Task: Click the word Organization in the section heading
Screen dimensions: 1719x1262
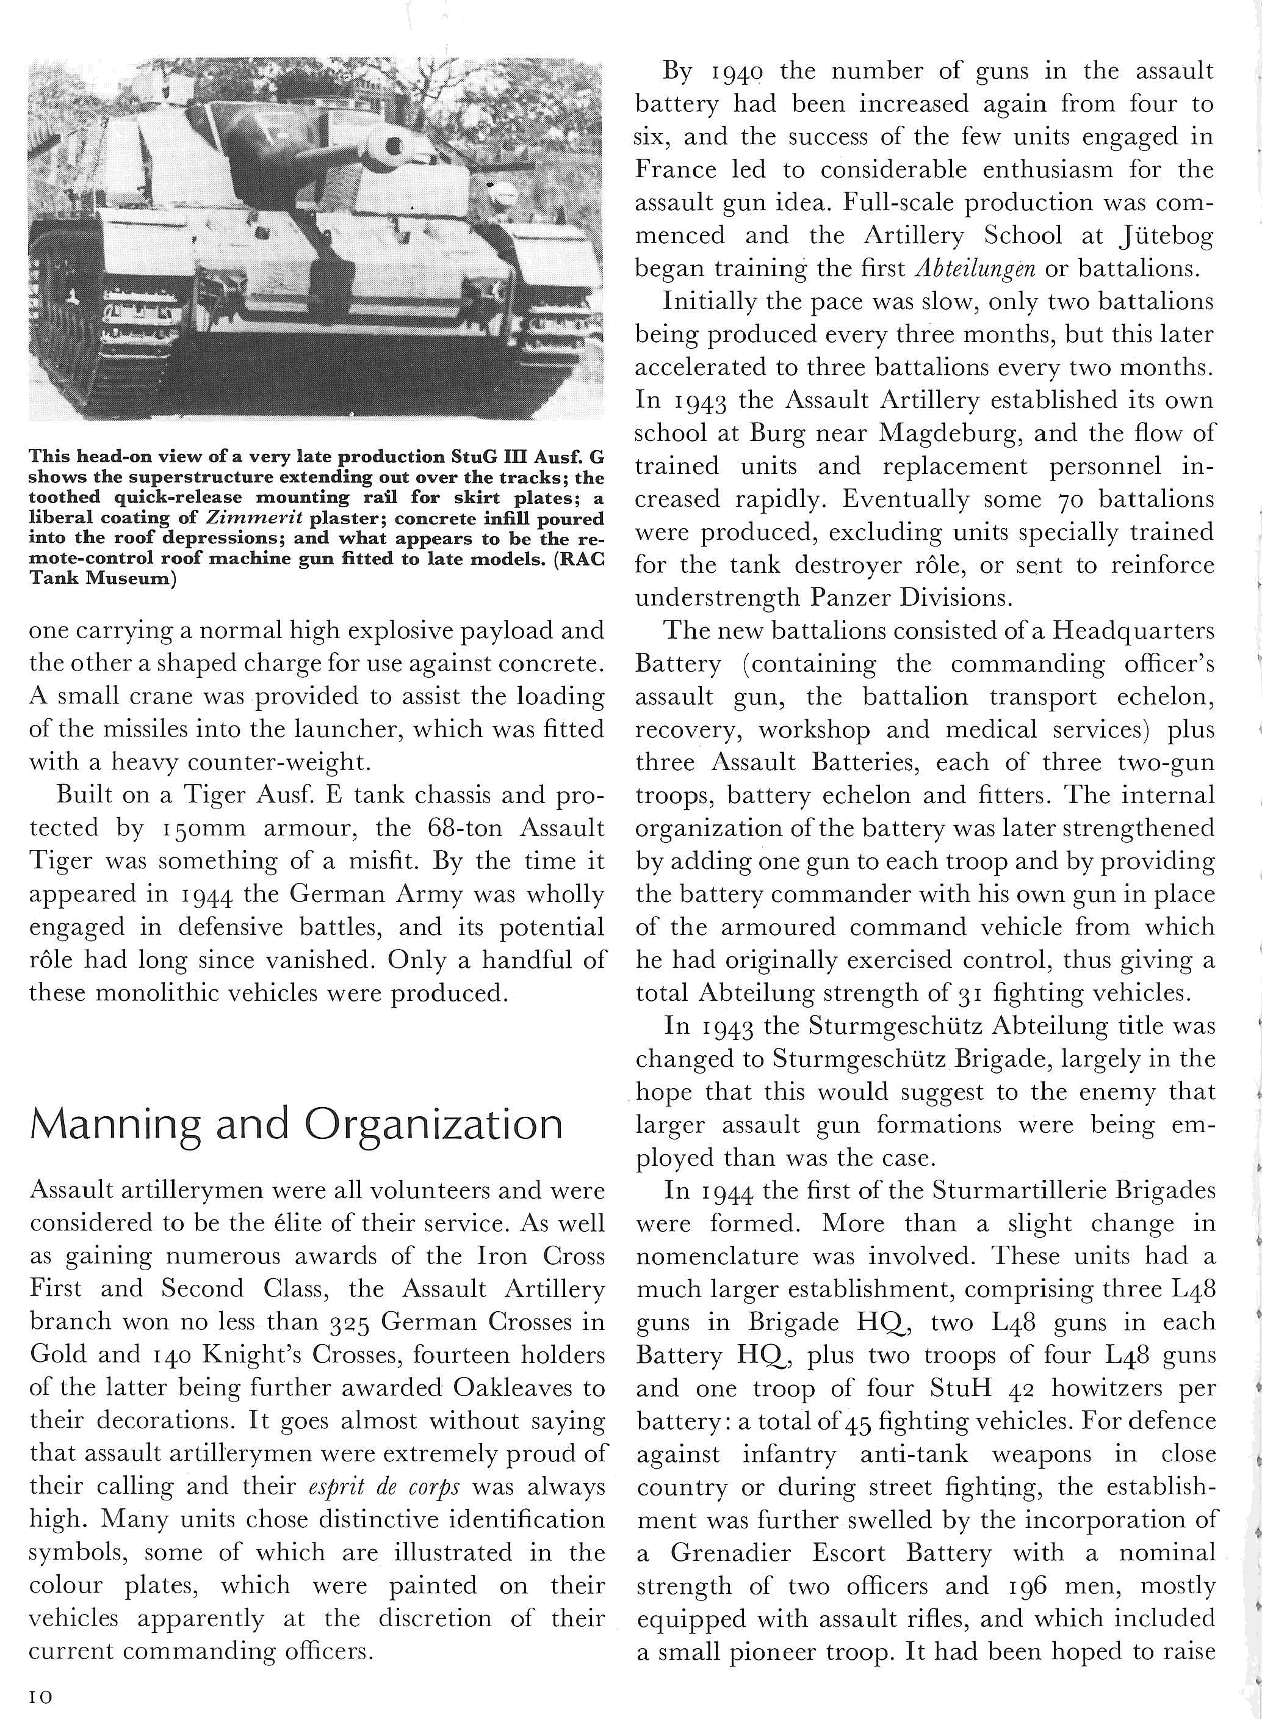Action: [433, 1125]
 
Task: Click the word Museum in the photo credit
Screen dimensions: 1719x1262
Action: [129, 579]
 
